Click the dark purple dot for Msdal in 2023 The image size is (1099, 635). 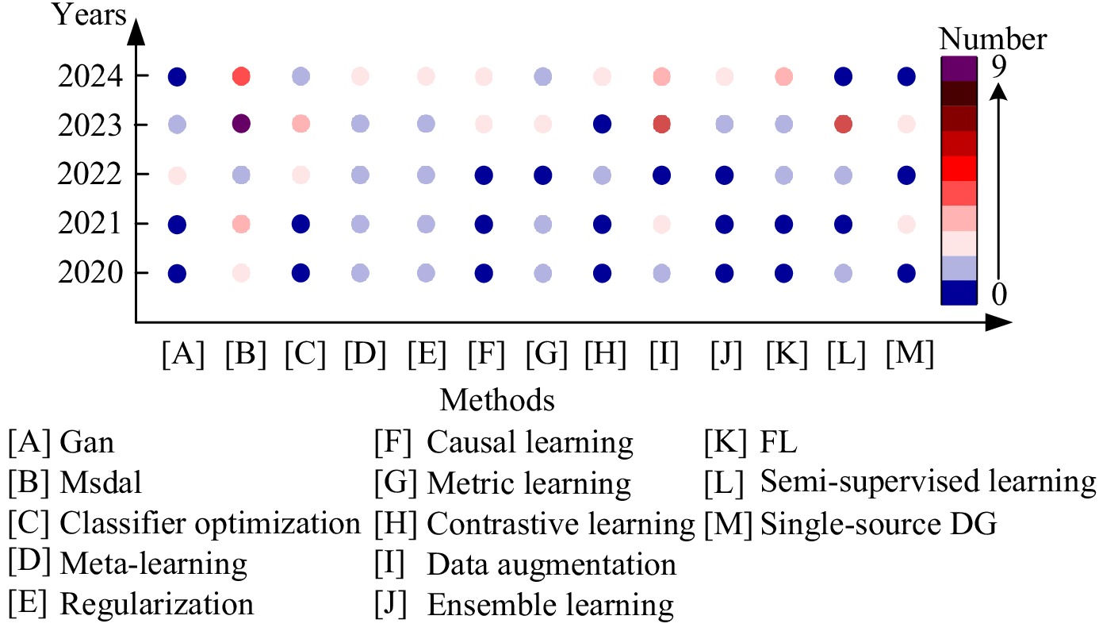(x=241, y=124)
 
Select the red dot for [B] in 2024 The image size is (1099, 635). (x=241, y=77)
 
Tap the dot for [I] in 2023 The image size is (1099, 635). (x=662, y=125)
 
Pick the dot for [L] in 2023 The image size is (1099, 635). (x=844, y=125)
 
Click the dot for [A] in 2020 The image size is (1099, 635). (x=177, y=274)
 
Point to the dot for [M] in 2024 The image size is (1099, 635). (x=906, y=77)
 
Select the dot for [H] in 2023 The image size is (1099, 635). (x=602, y=125)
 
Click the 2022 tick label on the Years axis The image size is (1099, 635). (x=90, y=175)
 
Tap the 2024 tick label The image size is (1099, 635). (x=90, y=77)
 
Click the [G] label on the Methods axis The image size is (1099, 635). (x=546, y=353)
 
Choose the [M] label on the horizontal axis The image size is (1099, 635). (x=910, y=353)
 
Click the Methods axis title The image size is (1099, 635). (x=497, y=400)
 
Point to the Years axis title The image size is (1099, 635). (x=90, y=15)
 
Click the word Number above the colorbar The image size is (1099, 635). (x=993, y=39)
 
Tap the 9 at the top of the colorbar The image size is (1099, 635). (x=999, y=67)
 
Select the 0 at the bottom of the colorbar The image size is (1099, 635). (x=999, y=294)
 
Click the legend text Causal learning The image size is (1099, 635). (x=530, y=442)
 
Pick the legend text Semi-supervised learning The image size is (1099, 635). (x=928, y=482)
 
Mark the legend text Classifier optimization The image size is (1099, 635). (x=210, y=524)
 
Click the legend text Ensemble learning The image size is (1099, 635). (x=550, y=605)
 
